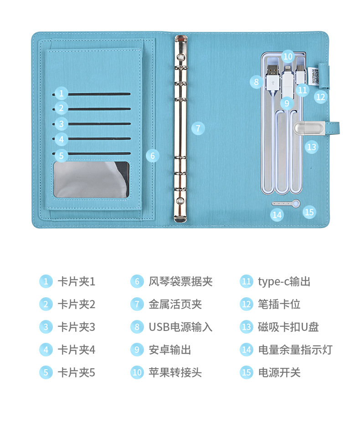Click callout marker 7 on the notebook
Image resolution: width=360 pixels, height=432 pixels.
(x=198, y=128)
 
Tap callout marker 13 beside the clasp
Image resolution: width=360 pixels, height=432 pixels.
(x=312, y=147)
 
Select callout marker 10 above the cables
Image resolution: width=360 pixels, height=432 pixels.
(x=288, y=56)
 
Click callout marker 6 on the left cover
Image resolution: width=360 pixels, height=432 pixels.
(x=153, y=156)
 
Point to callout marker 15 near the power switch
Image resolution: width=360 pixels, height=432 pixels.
(x=309, y=212)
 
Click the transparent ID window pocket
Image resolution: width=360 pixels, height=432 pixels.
(x=91, y=179)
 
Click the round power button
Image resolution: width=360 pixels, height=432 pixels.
(x=296, y=203)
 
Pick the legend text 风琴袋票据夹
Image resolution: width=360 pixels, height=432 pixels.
(x=181, y=282)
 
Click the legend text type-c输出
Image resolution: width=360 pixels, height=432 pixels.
(x=284, y=282)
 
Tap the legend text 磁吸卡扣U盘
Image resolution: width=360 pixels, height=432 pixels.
(x=288, y=327)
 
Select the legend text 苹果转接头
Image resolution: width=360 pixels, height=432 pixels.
(x=175, y=372)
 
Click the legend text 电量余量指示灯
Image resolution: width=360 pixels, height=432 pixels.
(x=295, y=350)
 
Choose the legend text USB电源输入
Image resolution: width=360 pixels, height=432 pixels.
(x=181, y=327)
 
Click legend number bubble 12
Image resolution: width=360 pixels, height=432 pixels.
(x=247, y=304)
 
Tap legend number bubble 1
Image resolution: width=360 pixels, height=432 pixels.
(x=46, y=282)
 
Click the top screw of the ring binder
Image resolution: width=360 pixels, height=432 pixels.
(x=181, y=57)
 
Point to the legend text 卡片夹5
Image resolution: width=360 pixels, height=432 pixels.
(x=77, y=372)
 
